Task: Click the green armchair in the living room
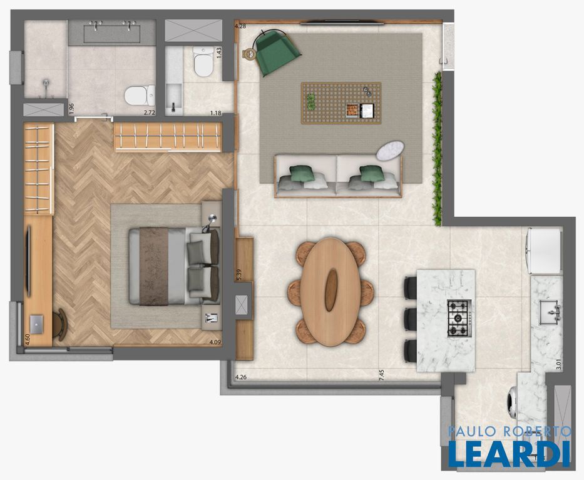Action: [277, 52]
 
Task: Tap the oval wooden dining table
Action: [330, 292]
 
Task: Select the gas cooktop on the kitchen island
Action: [459, 318]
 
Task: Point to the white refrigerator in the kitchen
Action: [544, 251]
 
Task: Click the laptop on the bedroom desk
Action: [36, 324]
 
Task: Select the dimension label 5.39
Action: [239, 275]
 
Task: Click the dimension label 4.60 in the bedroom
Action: [27, 340]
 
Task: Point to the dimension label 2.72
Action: [150, 112]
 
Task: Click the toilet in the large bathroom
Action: [140, 95]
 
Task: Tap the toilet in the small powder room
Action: [203, 61]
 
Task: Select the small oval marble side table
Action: [390, 150]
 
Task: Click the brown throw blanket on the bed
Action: [153, 266]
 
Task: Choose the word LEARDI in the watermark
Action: [509, 454]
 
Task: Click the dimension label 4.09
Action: [215, 342]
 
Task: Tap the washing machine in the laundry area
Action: [513, 402]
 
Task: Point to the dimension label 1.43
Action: [219, 52]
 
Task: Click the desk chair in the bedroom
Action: [60, 324]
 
